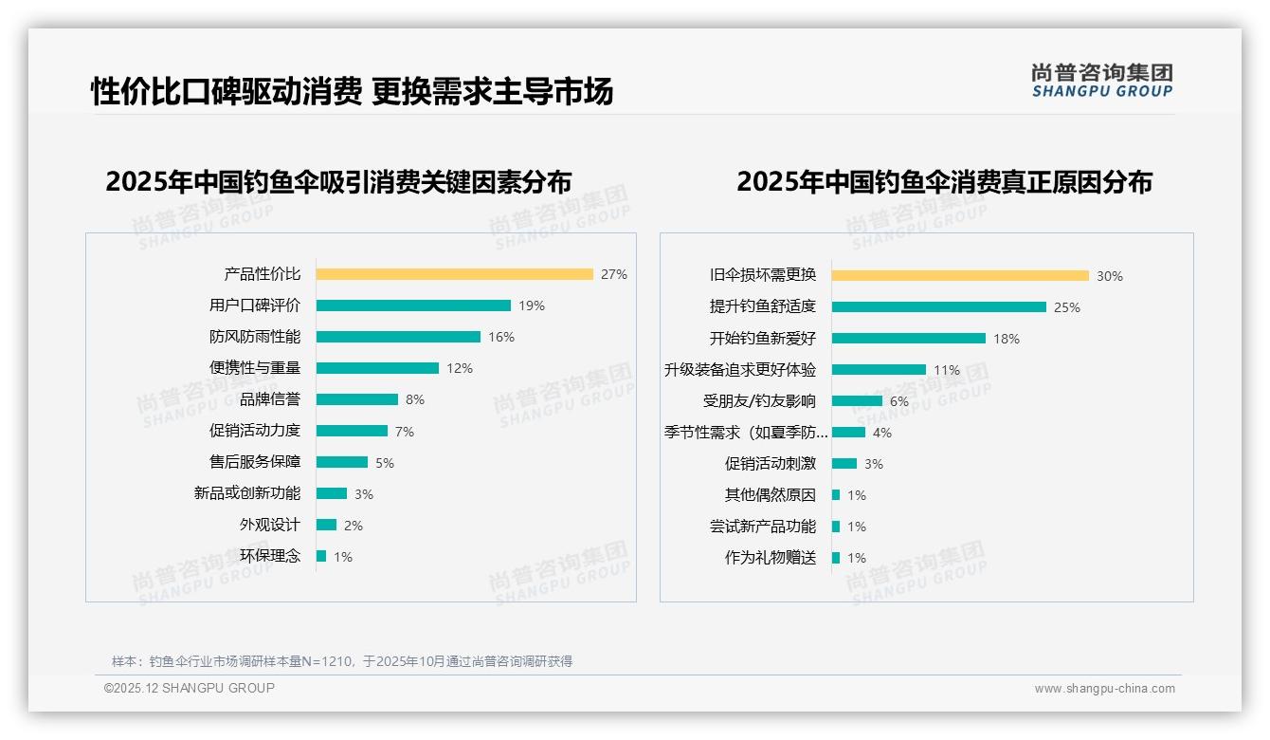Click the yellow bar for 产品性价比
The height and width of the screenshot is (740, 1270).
[x=455, y=274]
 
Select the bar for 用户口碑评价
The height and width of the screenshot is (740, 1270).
[x=413, y=305]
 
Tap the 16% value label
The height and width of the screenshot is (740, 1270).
[x=501, y=337]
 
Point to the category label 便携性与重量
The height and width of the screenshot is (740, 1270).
[x=255, y=368]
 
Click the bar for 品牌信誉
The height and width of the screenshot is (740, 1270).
[x=357, y=399]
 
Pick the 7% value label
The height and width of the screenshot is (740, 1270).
[x=405, y=432]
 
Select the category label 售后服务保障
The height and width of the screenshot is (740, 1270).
[x=255, y=462]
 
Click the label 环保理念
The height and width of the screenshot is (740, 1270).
[x=270, y=556]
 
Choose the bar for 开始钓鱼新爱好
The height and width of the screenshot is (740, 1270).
[x=909, y=339]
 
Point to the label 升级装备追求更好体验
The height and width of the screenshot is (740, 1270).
[x=740, y=370]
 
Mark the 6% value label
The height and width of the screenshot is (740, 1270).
[x=899, y=401]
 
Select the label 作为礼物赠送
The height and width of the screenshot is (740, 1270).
[x=771, y=558]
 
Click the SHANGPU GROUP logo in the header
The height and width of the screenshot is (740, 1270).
[x=1102, y=81]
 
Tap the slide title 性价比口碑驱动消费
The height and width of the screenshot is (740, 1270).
[x=227, y=92]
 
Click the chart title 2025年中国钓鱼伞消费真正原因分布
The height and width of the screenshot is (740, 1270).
[x=944, y=182]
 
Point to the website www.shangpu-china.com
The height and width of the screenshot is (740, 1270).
[x=1104, y=689]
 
